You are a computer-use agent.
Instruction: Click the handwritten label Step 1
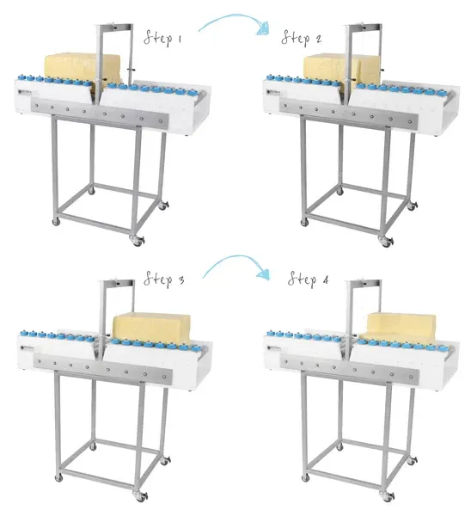click(162, 38)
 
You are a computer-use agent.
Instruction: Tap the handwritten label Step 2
click(301, 38)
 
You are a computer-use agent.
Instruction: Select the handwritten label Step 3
click(163, 279)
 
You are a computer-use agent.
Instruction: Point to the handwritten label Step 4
click(308, 279)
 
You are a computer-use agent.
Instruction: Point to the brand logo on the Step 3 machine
click(27, 347)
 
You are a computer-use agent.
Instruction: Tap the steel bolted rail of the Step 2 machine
click(349, 114)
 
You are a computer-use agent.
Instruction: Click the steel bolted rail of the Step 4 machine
click(349, 370)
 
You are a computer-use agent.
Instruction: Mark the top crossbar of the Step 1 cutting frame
click(115, 27)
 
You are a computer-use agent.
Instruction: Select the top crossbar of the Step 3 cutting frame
click(118, 283)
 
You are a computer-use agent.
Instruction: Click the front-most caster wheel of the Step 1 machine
click(138, 241)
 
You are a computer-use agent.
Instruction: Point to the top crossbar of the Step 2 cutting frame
click(364, 27)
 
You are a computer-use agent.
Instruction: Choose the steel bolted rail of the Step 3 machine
click(102, 370)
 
